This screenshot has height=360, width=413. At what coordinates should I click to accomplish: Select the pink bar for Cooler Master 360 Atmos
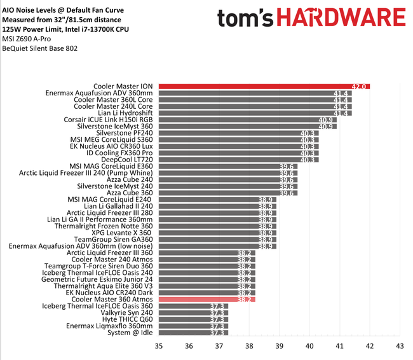[207, 299]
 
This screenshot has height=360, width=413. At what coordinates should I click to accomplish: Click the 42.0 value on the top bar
[359, 86]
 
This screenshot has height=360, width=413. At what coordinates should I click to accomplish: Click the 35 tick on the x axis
[159, 347]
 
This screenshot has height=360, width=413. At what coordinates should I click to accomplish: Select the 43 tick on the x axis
[400, 347]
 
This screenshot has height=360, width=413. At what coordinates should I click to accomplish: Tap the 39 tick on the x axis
[279, 347]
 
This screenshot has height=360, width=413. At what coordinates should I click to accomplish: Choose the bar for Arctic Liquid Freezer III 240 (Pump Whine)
[219, 172]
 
